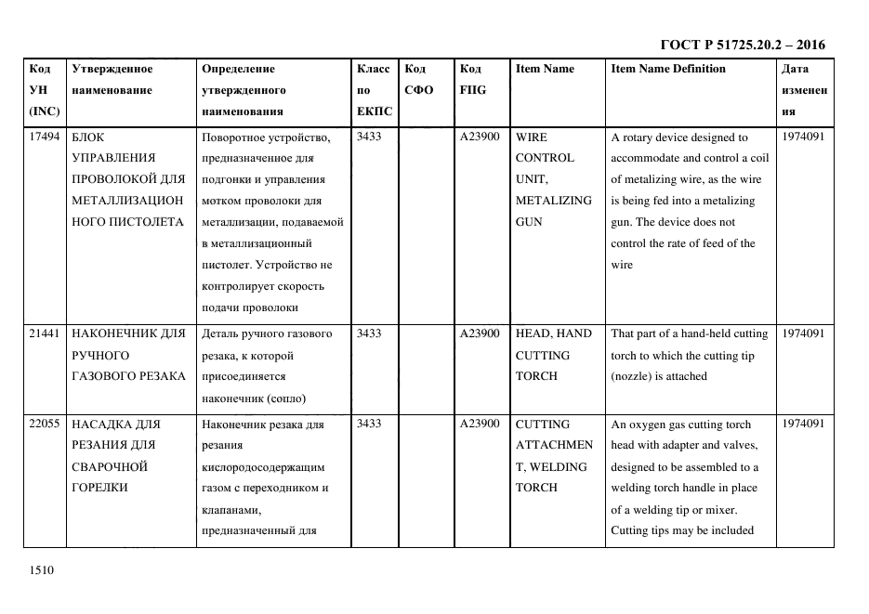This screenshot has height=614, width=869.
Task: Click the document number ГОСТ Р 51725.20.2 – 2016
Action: pyautogui.click(x=742, y=45)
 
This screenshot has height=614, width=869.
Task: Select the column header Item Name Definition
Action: pyautogui.click(x=667, y=69)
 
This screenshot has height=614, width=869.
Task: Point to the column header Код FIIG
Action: pyautogui.click(x=472, y=80)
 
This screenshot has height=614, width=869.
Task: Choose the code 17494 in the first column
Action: pyautogui.click(x=45, y=137)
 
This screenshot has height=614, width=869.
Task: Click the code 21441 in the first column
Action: pyautogui.click(x=45, y=333)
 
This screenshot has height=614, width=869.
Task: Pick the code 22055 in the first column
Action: pyautogui.click(x=45, y=425)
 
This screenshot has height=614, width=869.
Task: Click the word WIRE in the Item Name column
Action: pyautogui.click(x=532, y=137)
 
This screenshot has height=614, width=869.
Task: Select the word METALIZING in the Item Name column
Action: pyautogui.click(x=553, y=201)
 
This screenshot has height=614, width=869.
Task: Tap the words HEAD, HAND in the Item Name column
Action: pyautogui.click(x=553, y=333)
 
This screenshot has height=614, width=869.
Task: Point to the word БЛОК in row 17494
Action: pyautogui.click(x=88, y=137)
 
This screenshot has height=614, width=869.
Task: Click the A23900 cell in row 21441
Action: pyautogui.click(x=480, y=333)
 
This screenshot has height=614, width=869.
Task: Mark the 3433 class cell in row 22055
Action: pyautogui.click(x=369, y=425)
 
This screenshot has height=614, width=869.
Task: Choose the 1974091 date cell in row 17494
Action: pyautogui.click(x=803, y=137)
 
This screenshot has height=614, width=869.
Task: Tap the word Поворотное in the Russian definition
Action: pyautogui.click(x=236, y=137)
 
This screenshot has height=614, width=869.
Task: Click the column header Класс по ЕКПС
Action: pyautogui.click(x=374, y=90)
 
